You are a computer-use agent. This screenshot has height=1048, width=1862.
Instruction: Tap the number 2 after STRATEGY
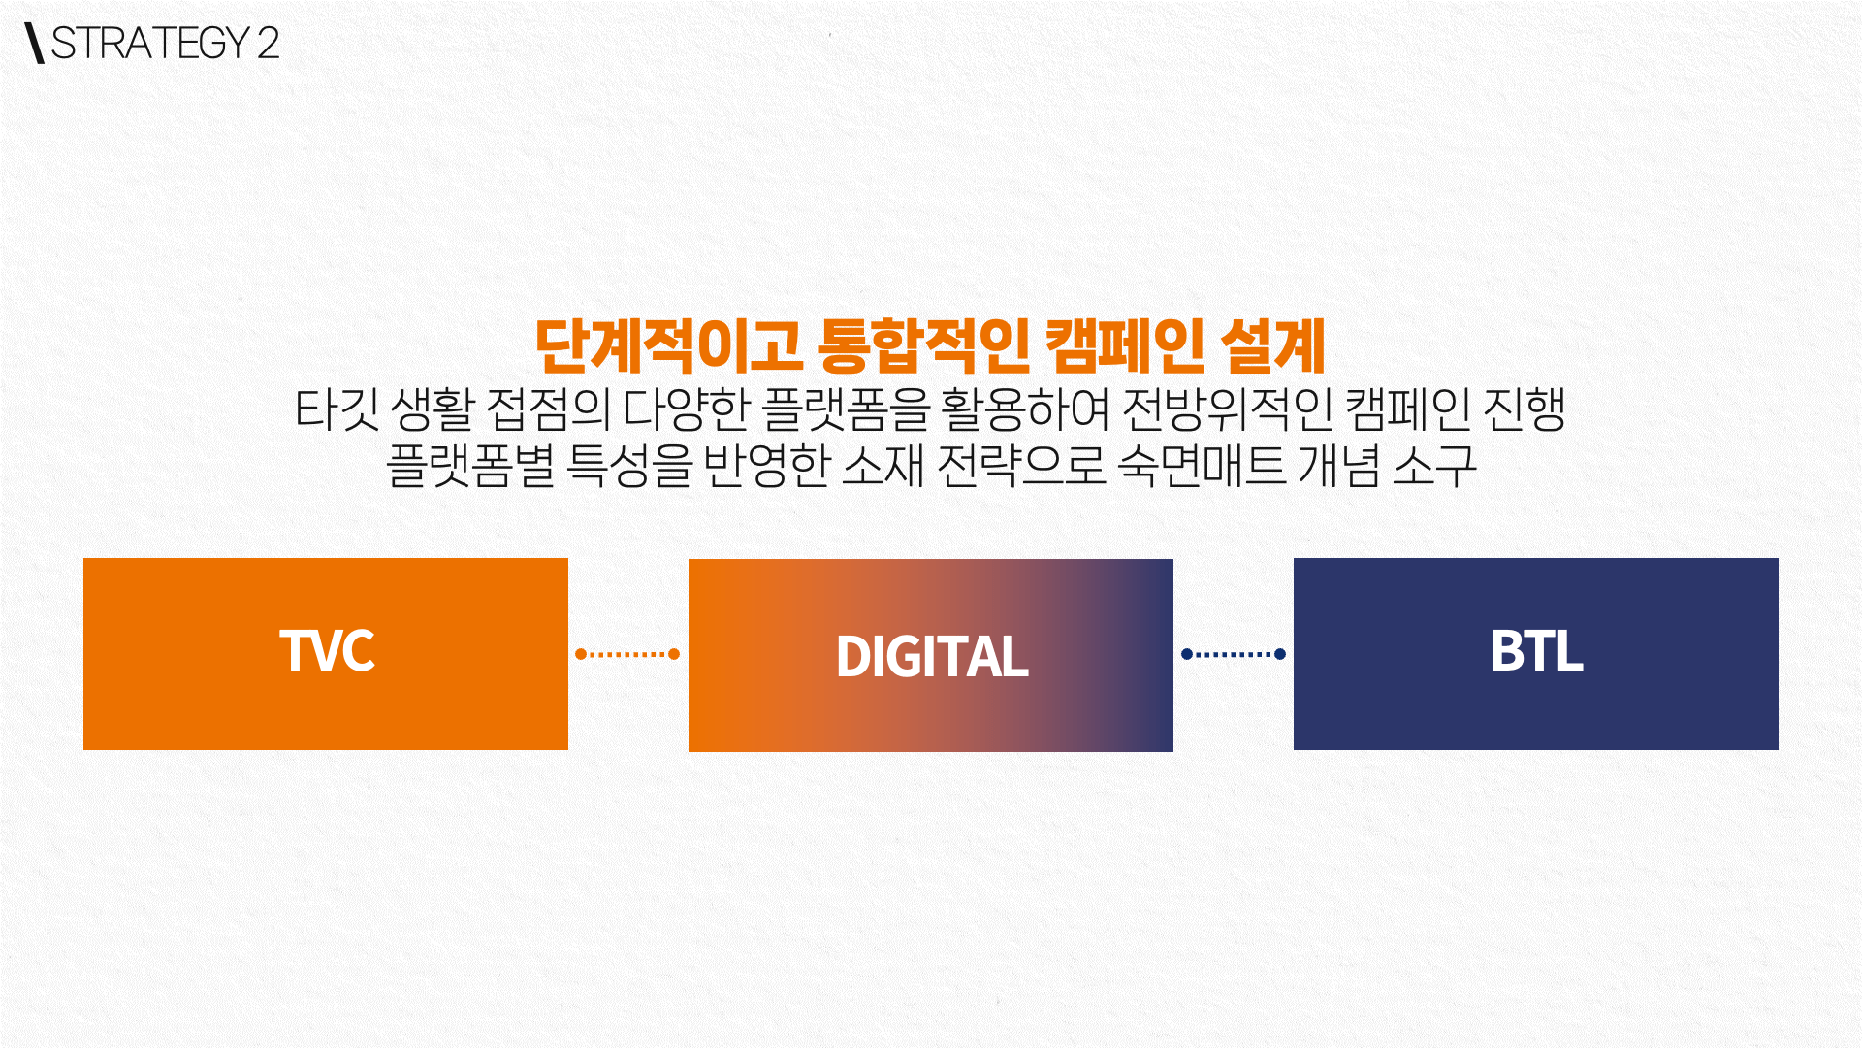point(269,43)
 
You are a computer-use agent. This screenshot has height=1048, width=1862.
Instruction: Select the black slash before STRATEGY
point(36,43)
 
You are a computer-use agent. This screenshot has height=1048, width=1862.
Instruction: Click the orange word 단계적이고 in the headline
point(668,346)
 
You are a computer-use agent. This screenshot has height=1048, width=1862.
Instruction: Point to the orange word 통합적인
point(923,346)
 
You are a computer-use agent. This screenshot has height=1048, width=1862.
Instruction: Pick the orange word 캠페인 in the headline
point(1125,346)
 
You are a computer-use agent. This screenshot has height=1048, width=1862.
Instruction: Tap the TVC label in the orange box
point(327,650)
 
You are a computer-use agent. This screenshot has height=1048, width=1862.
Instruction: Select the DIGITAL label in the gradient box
point(932,657)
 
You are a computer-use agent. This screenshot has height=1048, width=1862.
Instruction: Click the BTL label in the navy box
point(1537,651)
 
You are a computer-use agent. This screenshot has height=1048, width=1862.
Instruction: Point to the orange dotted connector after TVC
point(627,654)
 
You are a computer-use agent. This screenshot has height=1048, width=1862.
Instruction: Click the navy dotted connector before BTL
point(1234,654)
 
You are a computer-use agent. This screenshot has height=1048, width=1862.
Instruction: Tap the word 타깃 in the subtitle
point(337,409)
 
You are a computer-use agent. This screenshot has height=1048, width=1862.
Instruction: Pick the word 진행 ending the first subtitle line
point(1525,409)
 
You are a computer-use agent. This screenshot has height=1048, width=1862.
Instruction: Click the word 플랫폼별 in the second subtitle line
point(470,466)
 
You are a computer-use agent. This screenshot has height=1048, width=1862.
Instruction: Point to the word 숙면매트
point(1202,466)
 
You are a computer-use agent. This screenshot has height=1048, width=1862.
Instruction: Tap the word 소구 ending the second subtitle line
point(1435,466)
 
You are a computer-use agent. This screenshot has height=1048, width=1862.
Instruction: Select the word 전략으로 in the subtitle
point(1022,466)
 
